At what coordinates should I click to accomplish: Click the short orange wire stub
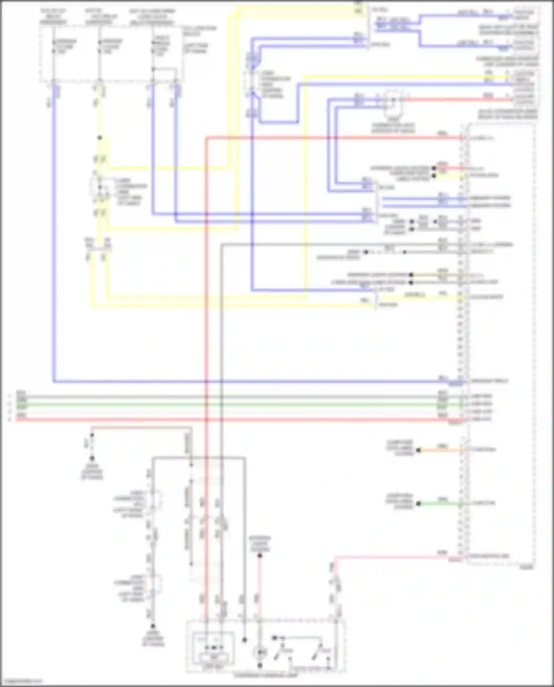click(440, 450)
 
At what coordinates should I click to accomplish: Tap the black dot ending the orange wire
click(418, 450)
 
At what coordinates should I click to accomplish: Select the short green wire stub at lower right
click(440, 504)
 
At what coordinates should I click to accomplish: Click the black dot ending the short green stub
click(418, 504)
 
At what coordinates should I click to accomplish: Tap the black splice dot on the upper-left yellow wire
click(99, 138)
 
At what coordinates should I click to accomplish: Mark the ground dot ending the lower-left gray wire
click(153, 626)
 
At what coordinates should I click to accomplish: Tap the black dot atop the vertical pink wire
click(260, 556)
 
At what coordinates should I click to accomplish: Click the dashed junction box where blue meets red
click(393, 100)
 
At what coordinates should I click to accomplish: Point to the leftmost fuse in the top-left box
click(54, 46)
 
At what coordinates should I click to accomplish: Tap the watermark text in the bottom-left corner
click(21, 681)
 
